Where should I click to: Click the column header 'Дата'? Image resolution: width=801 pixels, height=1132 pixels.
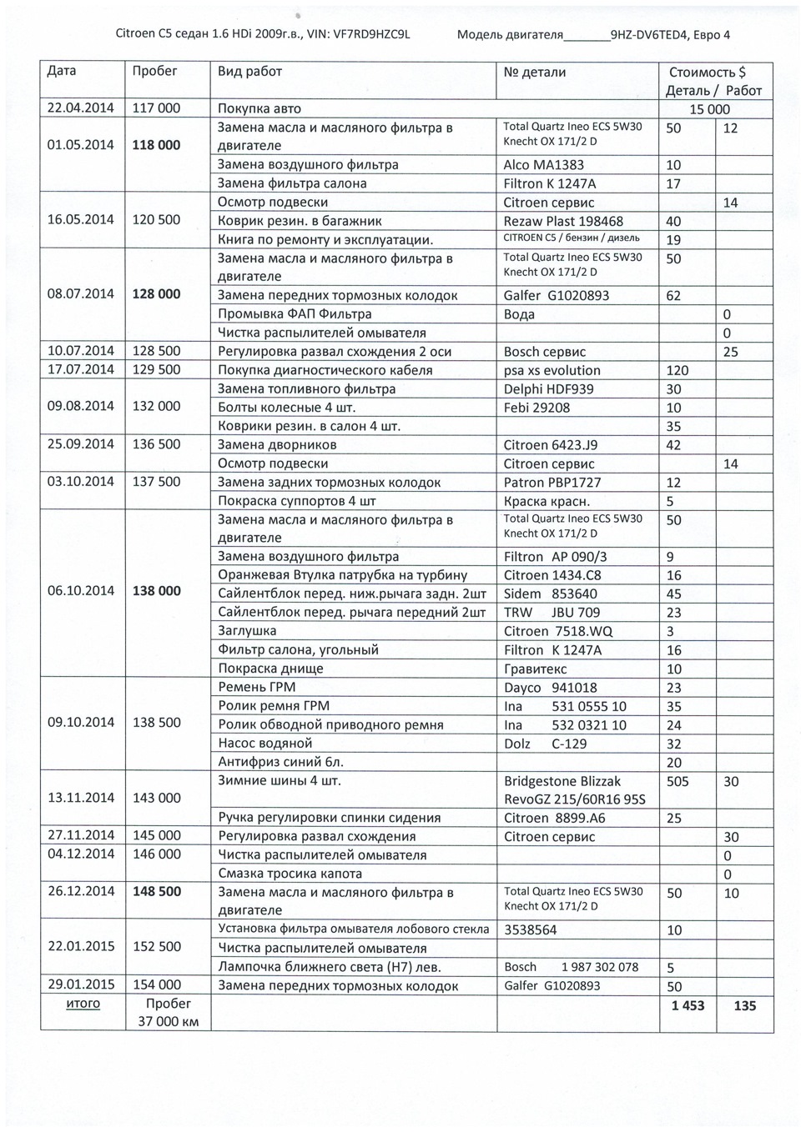(62, 72)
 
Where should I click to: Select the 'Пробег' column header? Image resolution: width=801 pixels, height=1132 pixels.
(154, 72)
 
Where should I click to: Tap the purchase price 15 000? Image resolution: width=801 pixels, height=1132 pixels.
(709, 109)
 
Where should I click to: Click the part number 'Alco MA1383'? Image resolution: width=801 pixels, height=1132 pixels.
(543, 165)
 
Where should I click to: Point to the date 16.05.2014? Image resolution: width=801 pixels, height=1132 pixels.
(80, 221)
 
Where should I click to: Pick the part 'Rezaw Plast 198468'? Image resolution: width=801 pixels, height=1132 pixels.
(563, 221)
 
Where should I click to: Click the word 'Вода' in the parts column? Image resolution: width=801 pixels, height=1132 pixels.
(519, 314)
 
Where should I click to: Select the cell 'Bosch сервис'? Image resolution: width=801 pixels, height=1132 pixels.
(545, 352)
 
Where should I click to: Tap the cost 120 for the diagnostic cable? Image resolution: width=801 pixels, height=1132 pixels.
(677, 370)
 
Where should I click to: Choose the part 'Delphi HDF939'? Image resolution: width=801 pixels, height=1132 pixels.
(548, 389)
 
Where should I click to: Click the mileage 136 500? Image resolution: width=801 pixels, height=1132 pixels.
(156, 444)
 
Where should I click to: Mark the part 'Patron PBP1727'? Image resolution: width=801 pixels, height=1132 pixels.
(552, 482)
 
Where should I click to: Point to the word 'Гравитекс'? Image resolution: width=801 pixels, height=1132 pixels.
(535, 669)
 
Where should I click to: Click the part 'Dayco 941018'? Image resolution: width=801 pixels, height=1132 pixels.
(550, 688)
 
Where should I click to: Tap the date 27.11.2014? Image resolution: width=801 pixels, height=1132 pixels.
(80, 835)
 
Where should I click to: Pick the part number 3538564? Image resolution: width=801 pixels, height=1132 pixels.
(530, 929)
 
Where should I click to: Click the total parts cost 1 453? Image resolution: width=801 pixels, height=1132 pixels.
(688, 1006)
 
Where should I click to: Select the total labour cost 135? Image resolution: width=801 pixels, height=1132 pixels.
(744, 1006)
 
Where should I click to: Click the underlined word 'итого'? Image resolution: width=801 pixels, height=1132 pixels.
(83, 1004)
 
